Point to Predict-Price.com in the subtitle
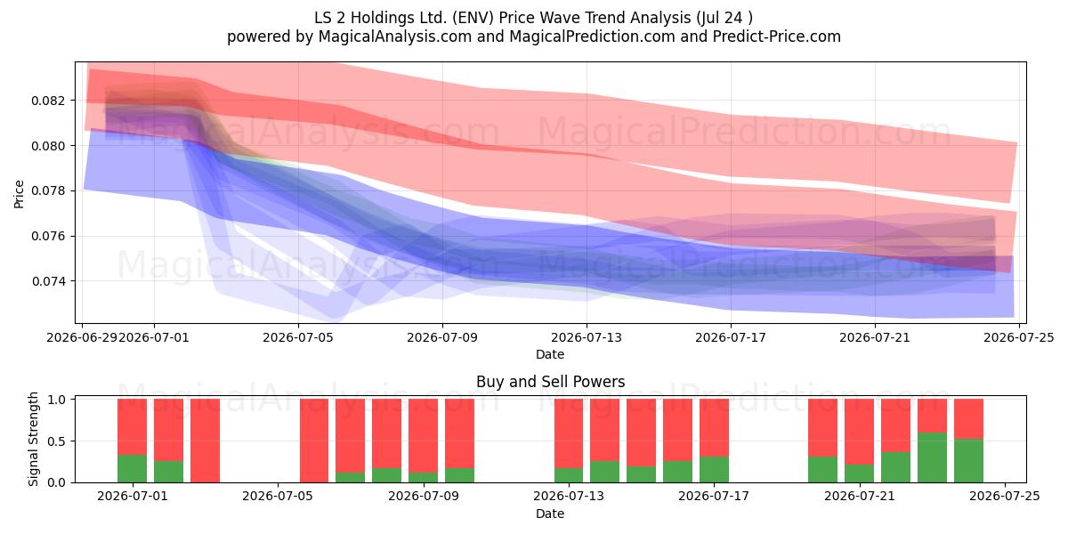point(777,36)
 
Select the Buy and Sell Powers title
point(550,382)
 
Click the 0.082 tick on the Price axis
point(48,101)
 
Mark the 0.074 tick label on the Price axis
point(48,281)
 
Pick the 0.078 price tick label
point(48,190)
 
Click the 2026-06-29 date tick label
point(82,337)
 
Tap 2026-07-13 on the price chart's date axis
point(587,337)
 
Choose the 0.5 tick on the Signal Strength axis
point(57,441)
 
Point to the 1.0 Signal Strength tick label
point(57,400)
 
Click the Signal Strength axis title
point(33,439)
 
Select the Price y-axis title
point(19,194)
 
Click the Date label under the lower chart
point(550,514)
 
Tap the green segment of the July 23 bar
point(932,457)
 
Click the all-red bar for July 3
point(205,441)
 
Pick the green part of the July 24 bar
point(969,461)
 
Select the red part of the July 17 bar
point(714,428)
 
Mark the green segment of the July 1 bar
point(132,469)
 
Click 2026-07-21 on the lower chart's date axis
point(860,497)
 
